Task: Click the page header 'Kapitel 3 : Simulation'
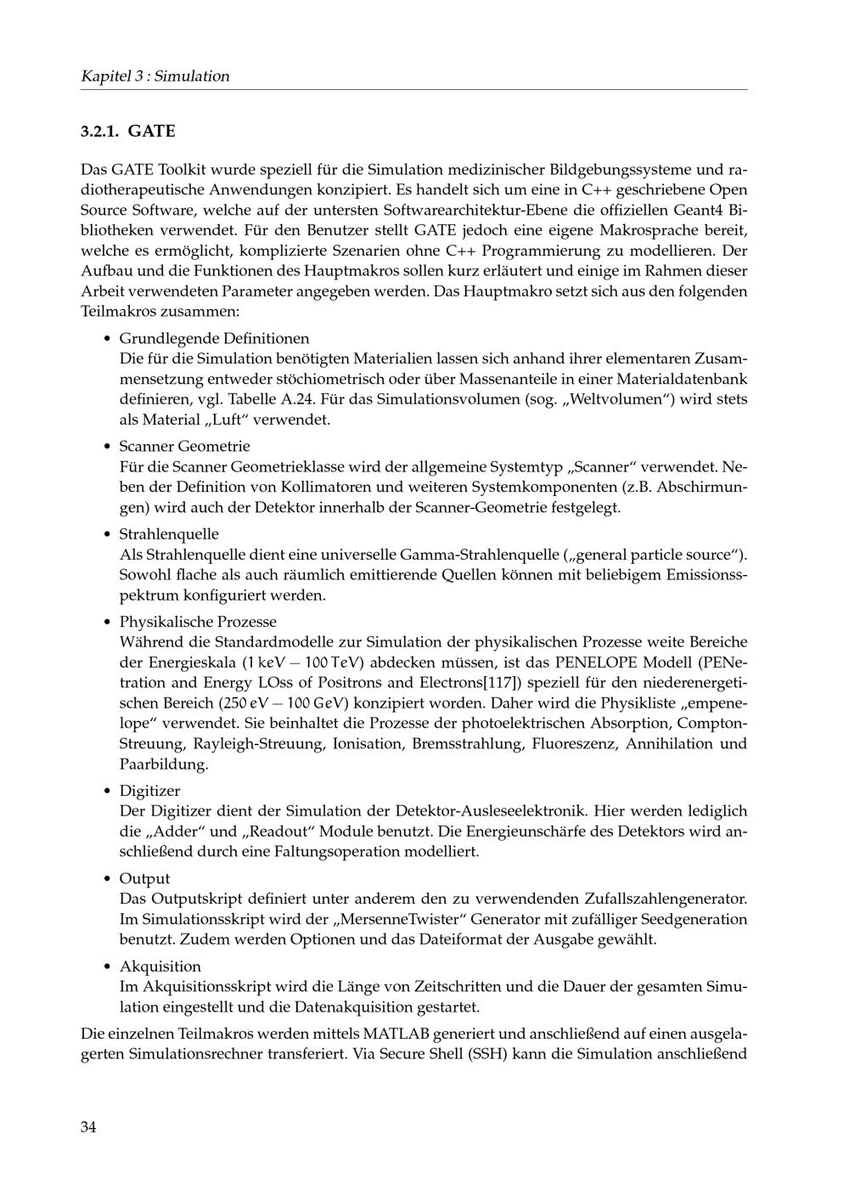155,76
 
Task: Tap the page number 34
88,1127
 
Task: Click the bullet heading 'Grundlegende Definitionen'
214,338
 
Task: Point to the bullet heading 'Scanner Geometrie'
184,446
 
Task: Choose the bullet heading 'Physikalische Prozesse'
197,622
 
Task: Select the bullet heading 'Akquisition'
160,967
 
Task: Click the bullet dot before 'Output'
107,879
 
